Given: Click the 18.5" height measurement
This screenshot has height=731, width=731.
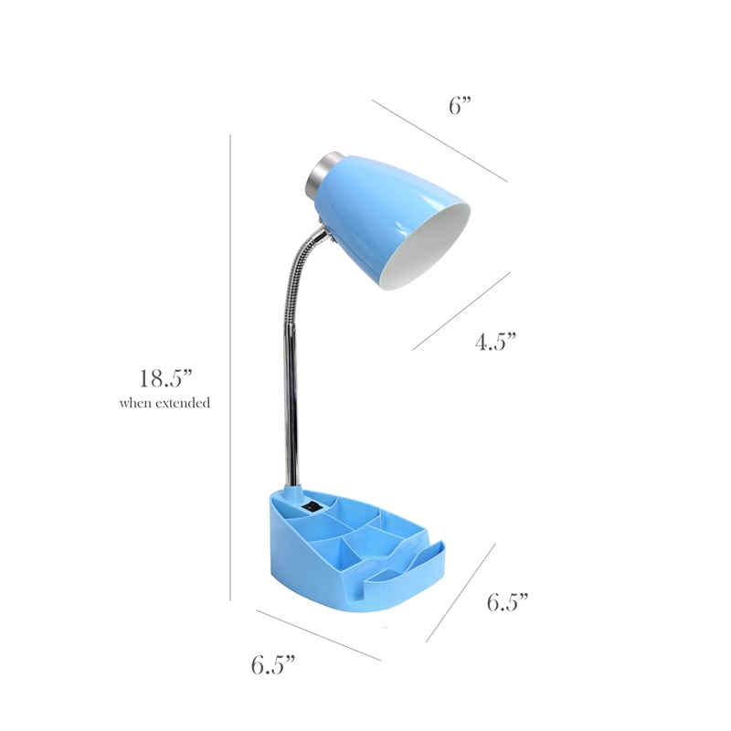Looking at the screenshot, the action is tap(166, 378).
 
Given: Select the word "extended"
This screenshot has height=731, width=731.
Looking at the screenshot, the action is tap(183, 402).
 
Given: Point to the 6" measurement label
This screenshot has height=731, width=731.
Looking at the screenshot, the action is tap(461, 105).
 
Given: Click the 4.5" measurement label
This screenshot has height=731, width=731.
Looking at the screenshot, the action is tap(496, 342).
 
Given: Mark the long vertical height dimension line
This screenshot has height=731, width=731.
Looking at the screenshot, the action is tap(230, 368).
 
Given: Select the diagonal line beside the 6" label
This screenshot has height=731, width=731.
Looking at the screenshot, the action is tap(440, 141).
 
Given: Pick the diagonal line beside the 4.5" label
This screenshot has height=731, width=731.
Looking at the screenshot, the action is tap(461, 311).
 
